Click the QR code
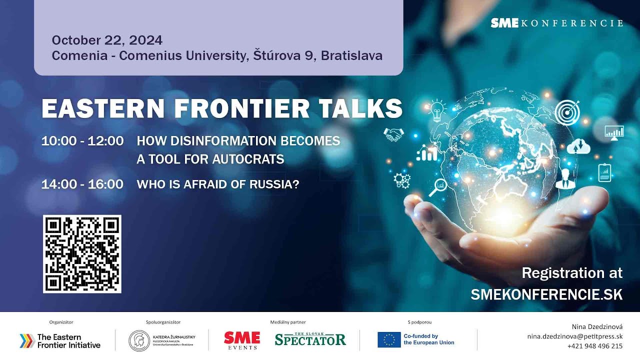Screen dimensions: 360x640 point(82,254)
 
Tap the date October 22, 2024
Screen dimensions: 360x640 point(107,40)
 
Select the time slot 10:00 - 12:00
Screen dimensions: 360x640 point(82,141)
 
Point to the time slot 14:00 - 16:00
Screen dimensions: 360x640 point(82,184)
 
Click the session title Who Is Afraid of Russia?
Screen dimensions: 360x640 point(218,184)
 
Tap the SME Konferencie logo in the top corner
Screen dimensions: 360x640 point(556,23)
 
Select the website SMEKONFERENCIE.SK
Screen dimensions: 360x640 point(546,294)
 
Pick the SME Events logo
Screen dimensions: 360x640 point(242,340)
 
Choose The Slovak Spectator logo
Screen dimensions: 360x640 point(310,339)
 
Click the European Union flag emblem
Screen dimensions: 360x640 point(389,340)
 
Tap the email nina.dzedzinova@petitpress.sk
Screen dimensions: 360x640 point(574,336)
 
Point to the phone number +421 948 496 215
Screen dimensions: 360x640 point(594,346)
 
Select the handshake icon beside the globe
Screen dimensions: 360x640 point(393,134)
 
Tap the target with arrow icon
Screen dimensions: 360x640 point(567,112)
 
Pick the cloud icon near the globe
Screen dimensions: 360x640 point(578,145)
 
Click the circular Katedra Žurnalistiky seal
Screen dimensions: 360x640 point(139,340)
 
